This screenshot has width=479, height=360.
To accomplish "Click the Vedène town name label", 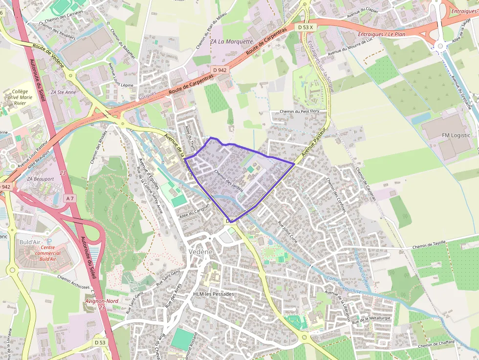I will click(200, 251).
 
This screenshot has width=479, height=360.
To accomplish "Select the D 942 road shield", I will click(220, 70).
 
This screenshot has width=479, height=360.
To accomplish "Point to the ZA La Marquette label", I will click(231, 42).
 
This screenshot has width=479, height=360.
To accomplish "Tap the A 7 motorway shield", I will click(70, 198).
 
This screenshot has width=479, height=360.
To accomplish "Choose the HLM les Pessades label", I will click(214, 294).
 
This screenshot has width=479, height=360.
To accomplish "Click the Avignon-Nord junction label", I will click(102, 302).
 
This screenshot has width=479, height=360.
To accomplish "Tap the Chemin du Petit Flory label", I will click(299, 111).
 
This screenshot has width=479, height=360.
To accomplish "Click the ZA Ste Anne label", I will click(67, 92).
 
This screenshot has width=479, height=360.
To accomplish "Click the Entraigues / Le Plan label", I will click(381, 34).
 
